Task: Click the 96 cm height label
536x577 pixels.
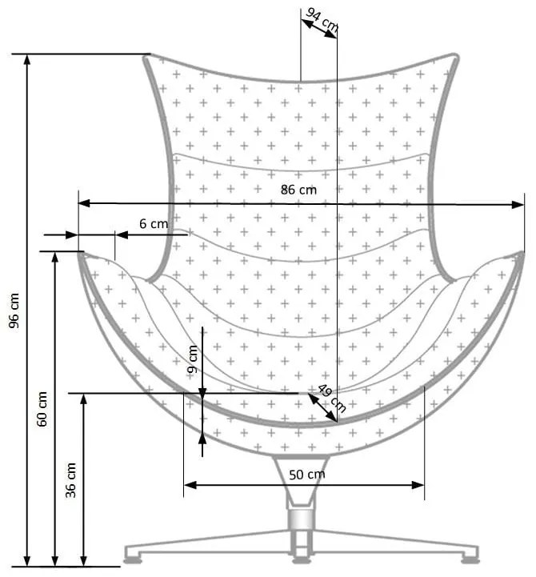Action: (14, 310)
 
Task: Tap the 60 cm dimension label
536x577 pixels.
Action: (42, 409)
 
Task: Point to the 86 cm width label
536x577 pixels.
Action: (299, 190)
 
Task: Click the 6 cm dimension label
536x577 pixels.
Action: (154, 224)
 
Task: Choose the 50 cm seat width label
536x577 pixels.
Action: (306, 474)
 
